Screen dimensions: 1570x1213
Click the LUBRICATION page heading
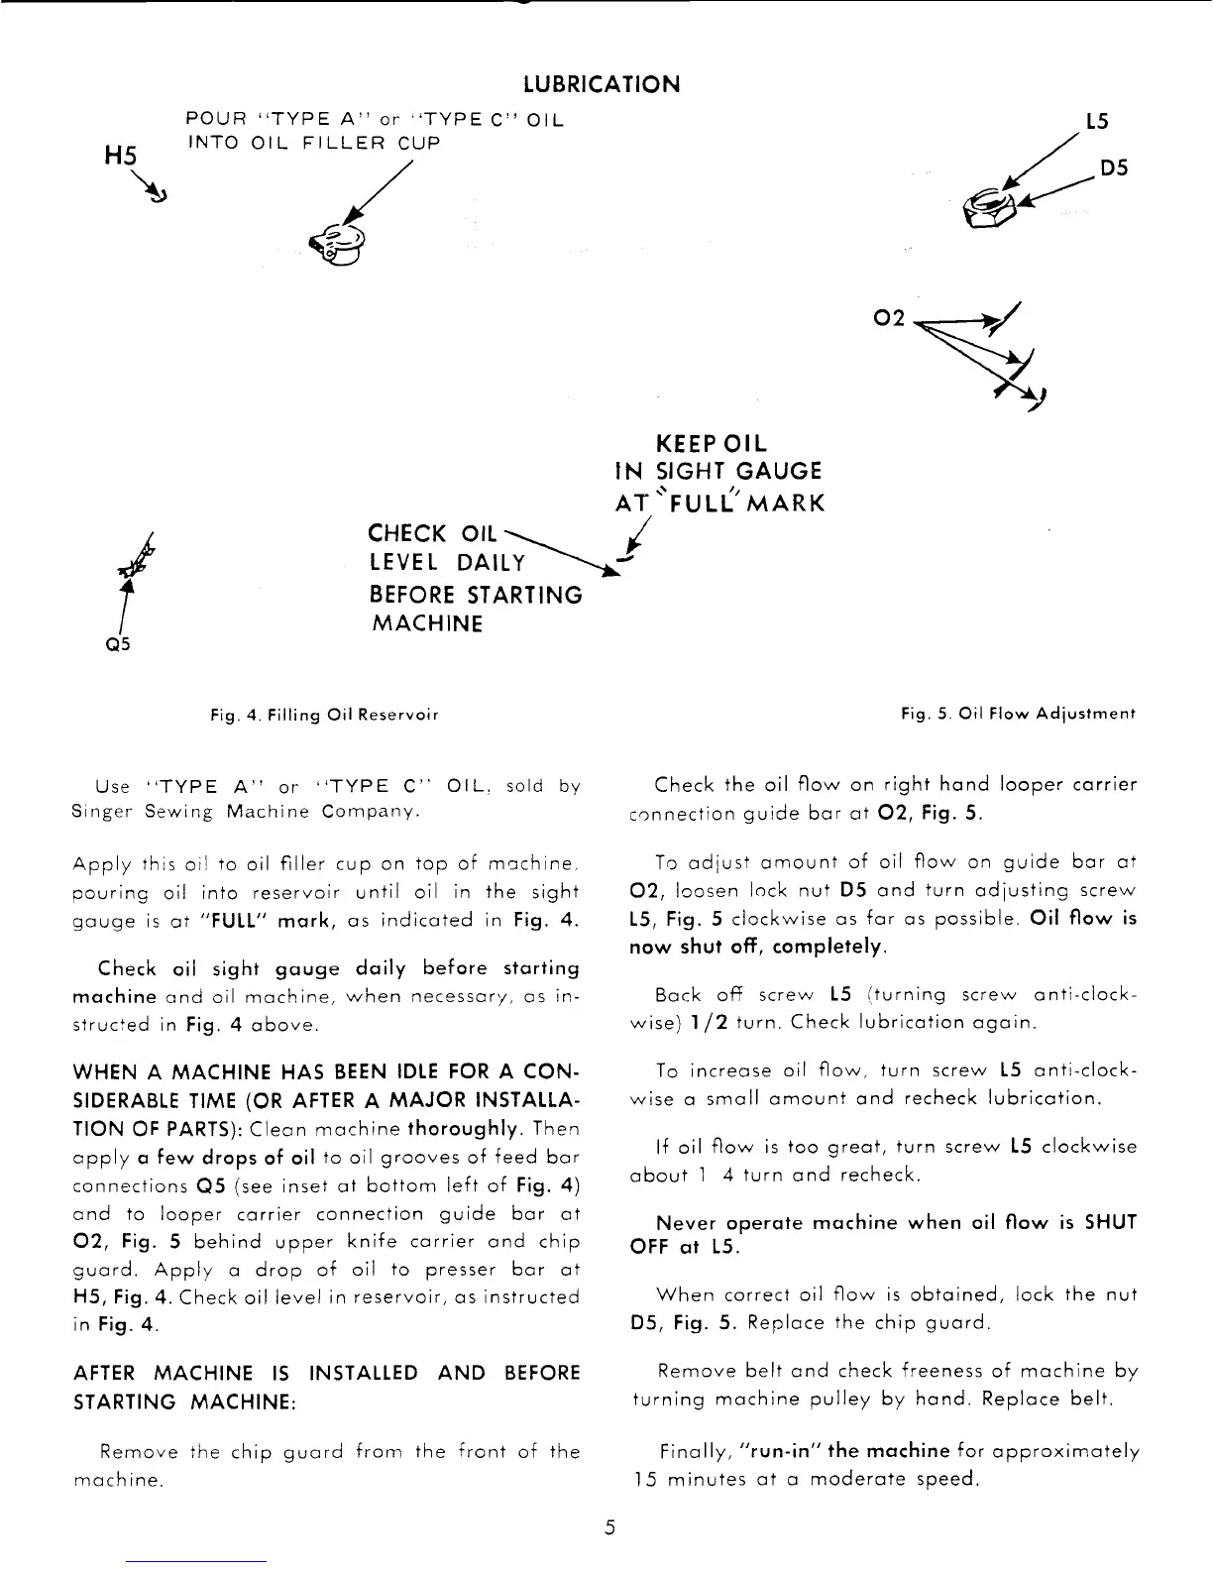[602, 84]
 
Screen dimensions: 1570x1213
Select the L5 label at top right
[1096, 121]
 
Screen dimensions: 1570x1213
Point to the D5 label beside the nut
[1115, 168]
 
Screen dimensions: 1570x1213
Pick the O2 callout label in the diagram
[891, 318]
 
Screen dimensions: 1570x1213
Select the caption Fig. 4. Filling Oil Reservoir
[323, 714]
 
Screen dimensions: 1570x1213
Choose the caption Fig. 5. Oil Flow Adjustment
[1018, 714]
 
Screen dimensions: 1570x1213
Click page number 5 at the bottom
[610, 1527]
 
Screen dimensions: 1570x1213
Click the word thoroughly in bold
[466, 1128]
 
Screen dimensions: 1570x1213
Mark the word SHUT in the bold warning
[1110, 1223]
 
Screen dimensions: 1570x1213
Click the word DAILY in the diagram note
[492, 563]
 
